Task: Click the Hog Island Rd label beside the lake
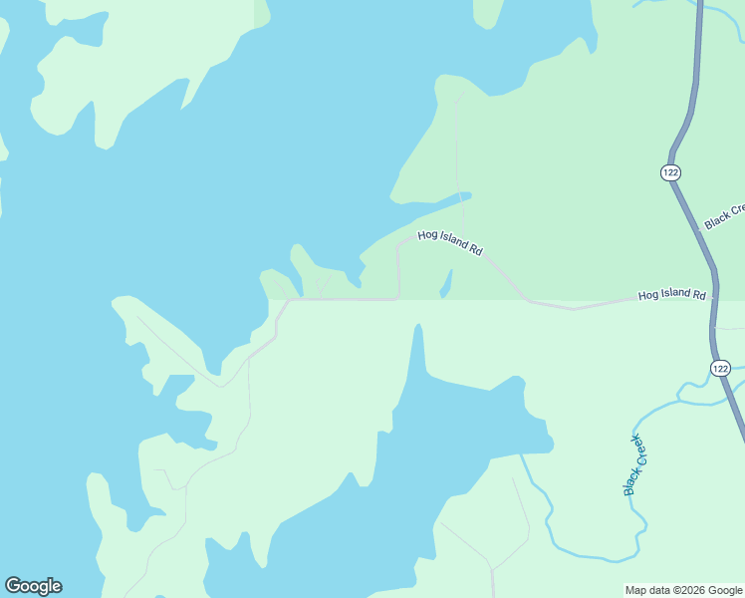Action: click(450, 243)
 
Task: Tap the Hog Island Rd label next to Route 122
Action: click(672, 295)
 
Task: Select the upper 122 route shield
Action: click(670, 172)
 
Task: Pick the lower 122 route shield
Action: click(721, 369)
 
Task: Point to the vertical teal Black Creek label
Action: click(635, 464)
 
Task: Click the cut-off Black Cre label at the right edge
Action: click(725, 215)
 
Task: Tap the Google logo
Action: click(33, 586)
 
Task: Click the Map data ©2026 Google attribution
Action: click(683, 590)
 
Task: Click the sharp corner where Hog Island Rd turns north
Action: click(398, 297)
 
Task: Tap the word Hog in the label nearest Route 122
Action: click(647, 296)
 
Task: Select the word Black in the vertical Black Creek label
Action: click(630, 480)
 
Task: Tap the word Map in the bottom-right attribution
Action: click(635, 590)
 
